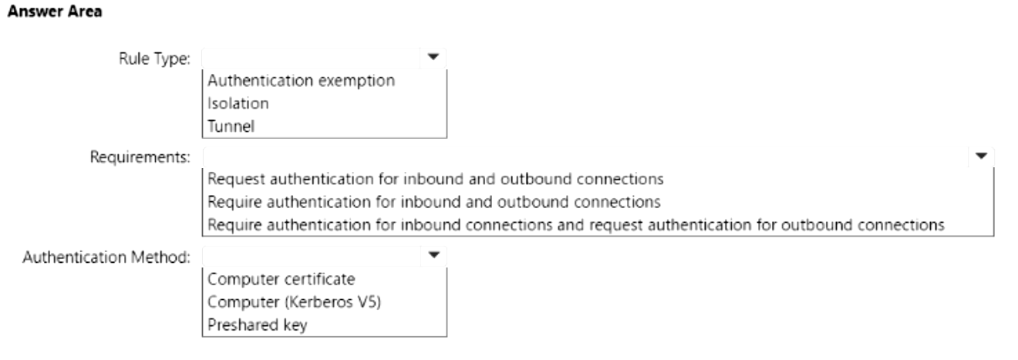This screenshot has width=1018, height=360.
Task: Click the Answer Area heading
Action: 55,12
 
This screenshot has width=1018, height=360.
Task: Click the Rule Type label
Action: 154,59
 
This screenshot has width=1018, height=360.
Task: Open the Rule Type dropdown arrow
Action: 433,57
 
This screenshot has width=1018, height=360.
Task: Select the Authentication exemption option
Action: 302,80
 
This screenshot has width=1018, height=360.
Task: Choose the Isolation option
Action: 238,103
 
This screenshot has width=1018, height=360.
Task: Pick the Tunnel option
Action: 231,126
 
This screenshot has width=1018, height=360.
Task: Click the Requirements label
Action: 140,157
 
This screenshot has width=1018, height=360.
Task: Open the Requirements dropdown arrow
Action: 981,156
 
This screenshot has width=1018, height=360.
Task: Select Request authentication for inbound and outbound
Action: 436,179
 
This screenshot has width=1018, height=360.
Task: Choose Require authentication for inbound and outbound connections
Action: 434,202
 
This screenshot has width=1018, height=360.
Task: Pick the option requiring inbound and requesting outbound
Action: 576,225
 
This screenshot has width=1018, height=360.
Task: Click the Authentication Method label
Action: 106,257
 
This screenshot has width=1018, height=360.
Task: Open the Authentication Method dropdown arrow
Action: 433,255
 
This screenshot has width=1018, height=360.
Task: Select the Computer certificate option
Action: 281,279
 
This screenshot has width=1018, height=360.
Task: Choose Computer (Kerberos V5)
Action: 294,302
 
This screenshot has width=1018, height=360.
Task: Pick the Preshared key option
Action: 258,325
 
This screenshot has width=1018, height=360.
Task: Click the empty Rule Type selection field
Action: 312,58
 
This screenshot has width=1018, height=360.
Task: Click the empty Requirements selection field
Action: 586,156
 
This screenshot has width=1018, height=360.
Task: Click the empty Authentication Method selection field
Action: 312,256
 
